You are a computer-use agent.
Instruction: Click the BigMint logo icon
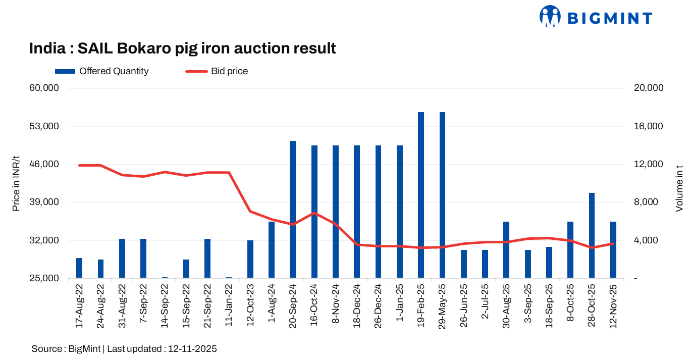pyautogui.click(x=550, y=16)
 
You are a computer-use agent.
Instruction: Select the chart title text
pyautogui.click(x=182, y=48)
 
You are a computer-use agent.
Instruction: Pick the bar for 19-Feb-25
pyautogui.click(x=421, y=195)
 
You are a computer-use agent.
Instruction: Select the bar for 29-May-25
pyautogui.click(x=442, y=195)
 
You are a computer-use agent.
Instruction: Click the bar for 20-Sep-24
pyautogui.click(x=293, y=210)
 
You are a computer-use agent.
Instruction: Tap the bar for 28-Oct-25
pyautogui.click(x=592, y=235)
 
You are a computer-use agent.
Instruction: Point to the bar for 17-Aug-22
pyautogui.click(x=79, y=268)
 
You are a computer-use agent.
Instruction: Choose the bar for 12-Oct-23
pyautogui.click(x=250, y=259)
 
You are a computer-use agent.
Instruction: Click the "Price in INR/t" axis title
pyautogui.click(x=16, y=183)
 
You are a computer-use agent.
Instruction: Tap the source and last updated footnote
pyautogui.click(x=124, y=349)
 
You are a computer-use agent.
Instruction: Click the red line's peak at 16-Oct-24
pyautogui.click(x=314, y=213)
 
